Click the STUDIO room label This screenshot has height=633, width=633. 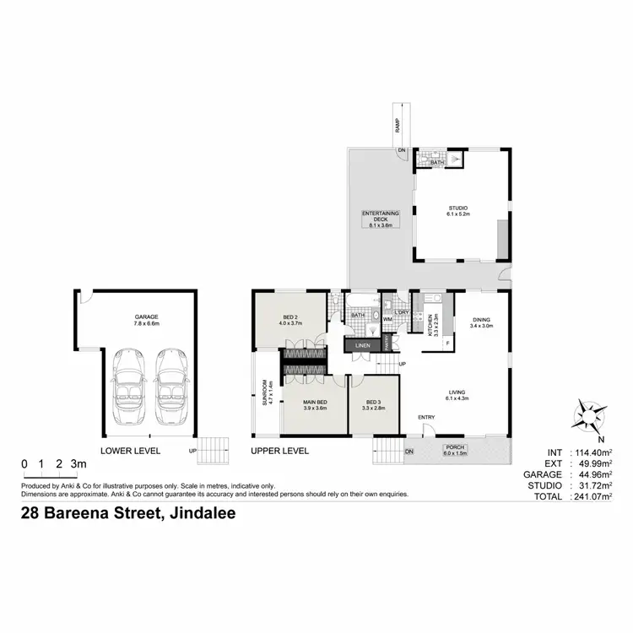[458, 211]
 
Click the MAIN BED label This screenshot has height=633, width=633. [313, 403]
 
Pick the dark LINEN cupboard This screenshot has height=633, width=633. [361, 345]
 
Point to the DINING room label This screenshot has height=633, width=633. [482, 322]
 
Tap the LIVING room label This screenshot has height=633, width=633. [457, 394]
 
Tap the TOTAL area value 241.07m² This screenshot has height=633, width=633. [591, 498]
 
